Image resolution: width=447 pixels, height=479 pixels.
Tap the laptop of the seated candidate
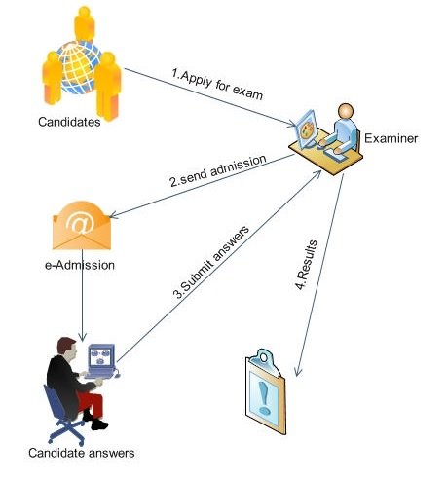point(100,359)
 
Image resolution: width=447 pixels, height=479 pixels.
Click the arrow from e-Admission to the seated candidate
point(83,304)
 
